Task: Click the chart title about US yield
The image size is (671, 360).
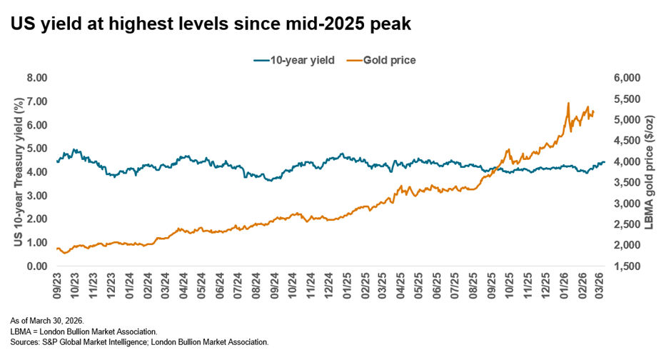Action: pyautogui.click(x=211, y=23)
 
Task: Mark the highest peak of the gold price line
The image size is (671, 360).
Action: pyautogui.click(x=568, y=103)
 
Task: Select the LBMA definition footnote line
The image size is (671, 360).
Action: pyautogui.click(x=84, y=331)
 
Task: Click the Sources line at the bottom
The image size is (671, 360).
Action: pyautogui.click(x=139, y=342)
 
